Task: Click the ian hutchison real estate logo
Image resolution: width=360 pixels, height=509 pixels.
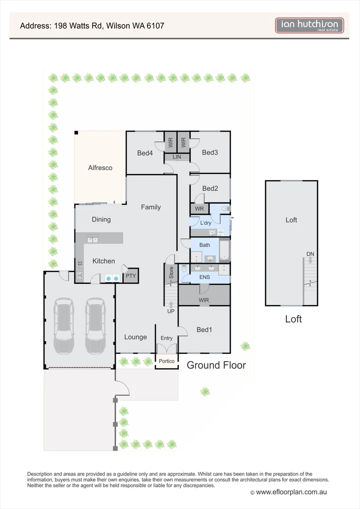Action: (x=309, y=25)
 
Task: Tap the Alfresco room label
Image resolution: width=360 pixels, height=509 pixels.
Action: (x=100, y=168)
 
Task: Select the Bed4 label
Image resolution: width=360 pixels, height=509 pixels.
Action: (x=145, y=153)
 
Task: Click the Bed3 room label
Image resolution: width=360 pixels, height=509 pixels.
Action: (x=210, y=152)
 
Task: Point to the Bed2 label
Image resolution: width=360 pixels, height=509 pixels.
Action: (x=210, y=189)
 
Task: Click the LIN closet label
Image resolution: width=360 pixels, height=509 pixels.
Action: (x=177, y=157)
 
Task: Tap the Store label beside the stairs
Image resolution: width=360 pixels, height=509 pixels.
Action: (x=171, y=273)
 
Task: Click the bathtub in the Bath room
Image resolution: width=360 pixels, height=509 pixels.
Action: (x=224, y=250)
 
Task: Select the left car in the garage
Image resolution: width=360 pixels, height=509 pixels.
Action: (x=64, y=327)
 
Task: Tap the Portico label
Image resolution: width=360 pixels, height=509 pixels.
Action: (x=166, y=361)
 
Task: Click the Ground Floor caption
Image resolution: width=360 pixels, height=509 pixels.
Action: (x=216, y=365)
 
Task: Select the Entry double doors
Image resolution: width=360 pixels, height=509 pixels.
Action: (x=166, y=349)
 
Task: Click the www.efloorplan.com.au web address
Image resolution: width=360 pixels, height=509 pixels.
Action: (x=291, y=492)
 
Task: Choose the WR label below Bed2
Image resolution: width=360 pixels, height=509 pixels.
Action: (x=199, y=208)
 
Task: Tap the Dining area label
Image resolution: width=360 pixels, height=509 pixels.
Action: (x=101, y=219)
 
